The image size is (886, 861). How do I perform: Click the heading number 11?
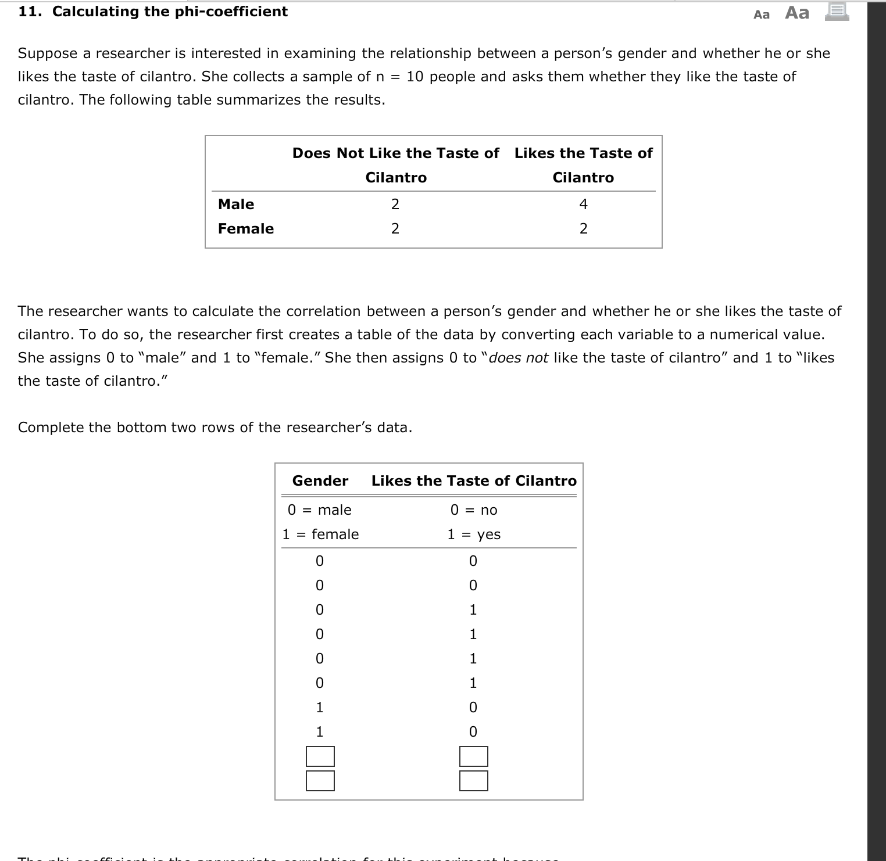click(x=28, y=12)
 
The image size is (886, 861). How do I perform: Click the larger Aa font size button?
click(x=796, y=12)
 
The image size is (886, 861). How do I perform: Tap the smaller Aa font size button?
click(x=761, y=15)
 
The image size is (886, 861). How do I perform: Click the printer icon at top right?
click(x=837, y=12)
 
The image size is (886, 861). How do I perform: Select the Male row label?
click(x=235, y=204)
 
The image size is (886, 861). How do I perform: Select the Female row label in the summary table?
click(x=245, y=228)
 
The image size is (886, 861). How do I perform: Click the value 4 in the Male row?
click(x=583, y=204)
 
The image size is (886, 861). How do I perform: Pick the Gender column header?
click(x=320, y=480)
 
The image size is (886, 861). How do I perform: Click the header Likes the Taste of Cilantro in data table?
click(x=473, y=480)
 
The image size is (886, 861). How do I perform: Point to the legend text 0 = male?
click(x=319, y=510)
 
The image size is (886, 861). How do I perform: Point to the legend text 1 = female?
click(x=320, y=534)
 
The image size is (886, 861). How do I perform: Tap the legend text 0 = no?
click(x=473, y=510)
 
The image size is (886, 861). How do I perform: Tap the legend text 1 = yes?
click(x=473, y=534)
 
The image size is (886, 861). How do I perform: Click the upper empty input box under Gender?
click(x=320, y=756)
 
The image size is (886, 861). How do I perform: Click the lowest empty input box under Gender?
click(x=320, y=780)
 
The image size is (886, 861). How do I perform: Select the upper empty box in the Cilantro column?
click(x=473, y=756)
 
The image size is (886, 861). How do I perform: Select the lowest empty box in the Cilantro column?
click(x=473, y=780)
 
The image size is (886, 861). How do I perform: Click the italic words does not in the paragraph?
click(x=518, y=357)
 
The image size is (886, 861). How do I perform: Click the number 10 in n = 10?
click(x=415, y=76)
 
